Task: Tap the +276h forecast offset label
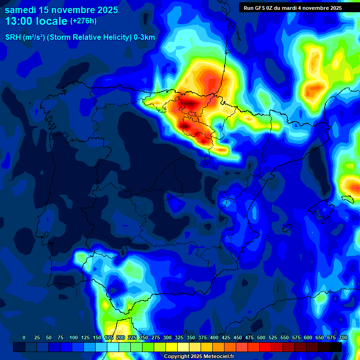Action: [83, 21]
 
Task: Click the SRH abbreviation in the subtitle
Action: [13, 37]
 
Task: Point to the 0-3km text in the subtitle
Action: [144, 37]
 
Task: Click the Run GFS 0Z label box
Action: [292, 8]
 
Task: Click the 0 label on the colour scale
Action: [24, 338]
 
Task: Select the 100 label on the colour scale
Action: [74, 338]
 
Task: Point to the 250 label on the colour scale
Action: [144, 338]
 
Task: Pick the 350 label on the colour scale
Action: [191, 338]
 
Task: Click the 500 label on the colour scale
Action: [261, 338]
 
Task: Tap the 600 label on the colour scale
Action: [308, 338]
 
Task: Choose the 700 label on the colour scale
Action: [343, 338]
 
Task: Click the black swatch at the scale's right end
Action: [336, 347]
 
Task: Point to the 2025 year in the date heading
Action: [108, 10]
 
